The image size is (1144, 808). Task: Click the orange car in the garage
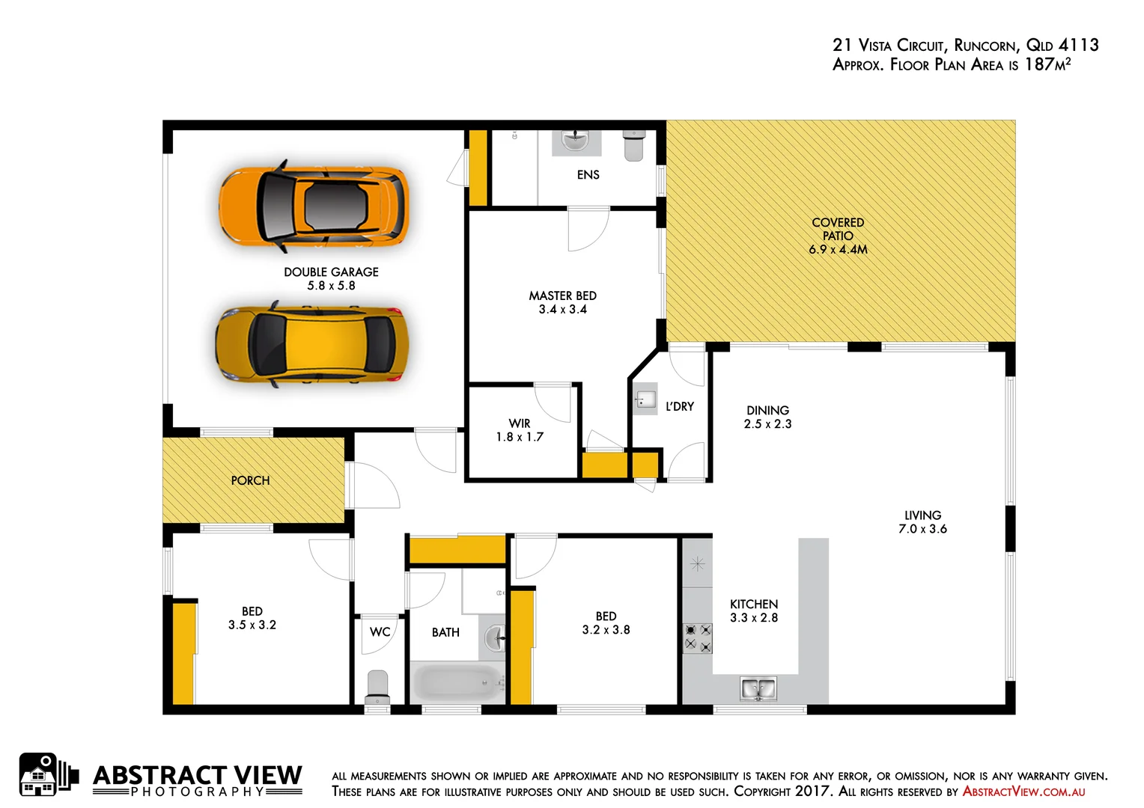pyautogui.click(x=313, y=206)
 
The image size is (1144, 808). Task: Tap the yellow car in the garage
pyautogui.click(x=311, y=345)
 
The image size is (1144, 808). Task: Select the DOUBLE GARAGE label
pyautogui.click(x=331, y=272)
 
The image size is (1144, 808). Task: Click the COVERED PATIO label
pyautogui.click(x=838, y=229)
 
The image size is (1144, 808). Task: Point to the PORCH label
pyautogui.click(x=250, y=480)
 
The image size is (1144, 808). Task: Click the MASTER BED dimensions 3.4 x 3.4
pyautogui.click(x=563, y=310)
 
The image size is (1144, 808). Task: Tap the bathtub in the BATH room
pyautogui.click(x=457, y=682)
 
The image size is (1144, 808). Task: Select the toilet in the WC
pyautogui.click(x=377, y=687)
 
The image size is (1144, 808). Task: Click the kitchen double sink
pyautogui.click(x=758, y=688)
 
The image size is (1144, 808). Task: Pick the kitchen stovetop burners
pyautogui.click(x=697, y=637)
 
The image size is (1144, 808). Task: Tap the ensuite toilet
pyautogui.click(x=633, y=145)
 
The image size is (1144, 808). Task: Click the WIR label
pyautogui.click(x=520, y=423)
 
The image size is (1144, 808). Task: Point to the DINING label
pyautogui.click(x=767, y=410)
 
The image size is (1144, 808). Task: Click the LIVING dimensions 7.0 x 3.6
pyautogui.click(x=922, y=529)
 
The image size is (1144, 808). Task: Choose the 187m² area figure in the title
pyautogui.click(x=1047, y=64)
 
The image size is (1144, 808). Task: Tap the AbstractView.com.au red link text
pyautogui.click(x=1023, y=792)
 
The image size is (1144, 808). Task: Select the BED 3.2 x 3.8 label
pyautogui.click(x=606, y=623)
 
